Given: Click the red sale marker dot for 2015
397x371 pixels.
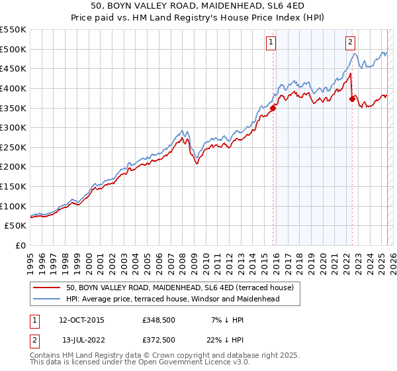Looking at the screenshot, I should coord(273,109).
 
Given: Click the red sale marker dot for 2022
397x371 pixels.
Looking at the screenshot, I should coord(352,99).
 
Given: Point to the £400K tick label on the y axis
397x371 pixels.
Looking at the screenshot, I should coord(13,88).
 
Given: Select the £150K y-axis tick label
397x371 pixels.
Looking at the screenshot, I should coord(13,187).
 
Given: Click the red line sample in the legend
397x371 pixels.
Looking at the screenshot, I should coord(46,288).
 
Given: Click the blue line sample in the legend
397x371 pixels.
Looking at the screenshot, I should coord(46,299).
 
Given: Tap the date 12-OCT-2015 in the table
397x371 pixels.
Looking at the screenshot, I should coord(81,320).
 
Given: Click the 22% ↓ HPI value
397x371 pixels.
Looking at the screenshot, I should coord(220,340).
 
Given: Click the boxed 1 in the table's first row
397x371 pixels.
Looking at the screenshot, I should coord(34,320).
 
